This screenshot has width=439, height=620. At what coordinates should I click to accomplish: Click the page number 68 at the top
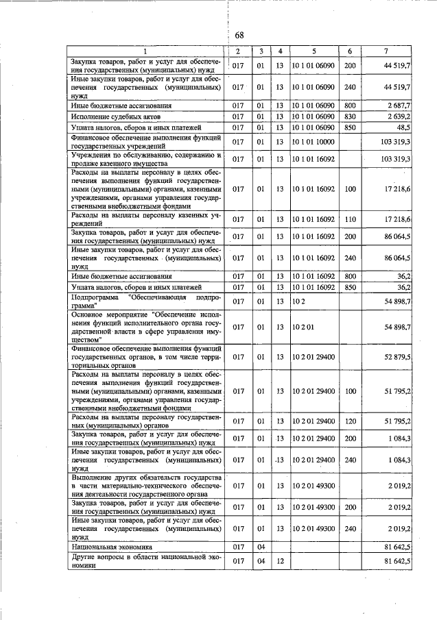click(x=239, y=36)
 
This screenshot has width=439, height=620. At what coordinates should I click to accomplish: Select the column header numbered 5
click(x=313, y=51)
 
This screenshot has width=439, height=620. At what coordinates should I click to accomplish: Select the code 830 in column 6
click(x=349, y=117)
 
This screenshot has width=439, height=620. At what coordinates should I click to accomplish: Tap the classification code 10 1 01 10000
click(x=313, y=142)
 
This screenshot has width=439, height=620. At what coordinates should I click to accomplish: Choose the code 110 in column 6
click(x=349, y=220)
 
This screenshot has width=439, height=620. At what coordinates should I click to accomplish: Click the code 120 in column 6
click(x=349, y=421)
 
